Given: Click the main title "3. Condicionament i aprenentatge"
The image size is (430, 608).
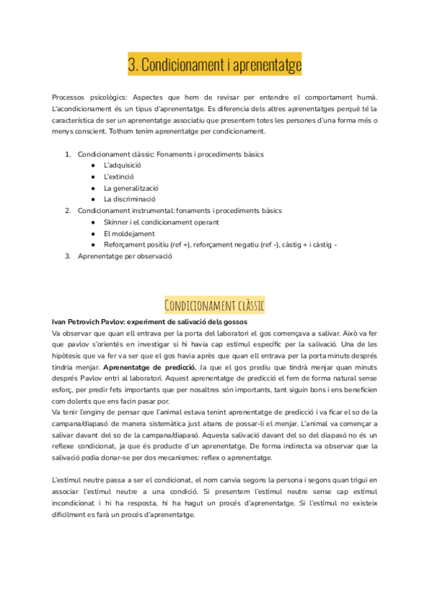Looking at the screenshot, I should pyautogui.click(x=214, y=65).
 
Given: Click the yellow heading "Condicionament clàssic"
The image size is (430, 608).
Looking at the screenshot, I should pyautogui.click(x=214, y=306).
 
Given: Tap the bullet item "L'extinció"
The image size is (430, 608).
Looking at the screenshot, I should pyautogui.click(x=118, y=176).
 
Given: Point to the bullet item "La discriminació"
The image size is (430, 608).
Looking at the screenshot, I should pyautogui.click(x=129, y=199).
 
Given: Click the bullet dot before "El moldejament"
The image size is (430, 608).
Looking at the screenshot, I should pyautogui.click(x=93, y=234).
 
